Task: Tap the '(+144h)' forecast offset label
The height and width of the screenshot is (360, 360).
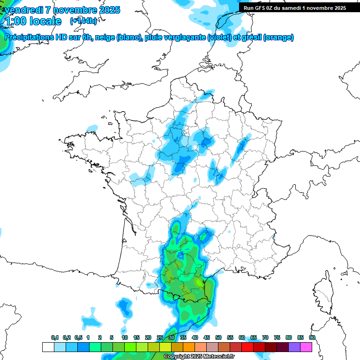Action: [83, 21]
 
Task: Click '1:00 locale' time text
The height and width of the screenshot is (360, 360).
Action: [33, 21]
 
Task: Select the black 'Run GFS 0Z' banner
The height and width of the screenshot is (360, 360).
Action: [293, 8]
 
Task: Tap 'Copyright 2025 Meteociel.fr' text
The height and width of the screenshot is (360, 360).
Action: [199, 357]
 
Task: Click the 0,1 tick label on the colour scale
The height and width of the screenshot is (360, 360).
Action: [55, 337]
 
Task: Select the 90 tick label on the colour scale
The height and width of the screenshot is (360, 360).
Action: [312, 337]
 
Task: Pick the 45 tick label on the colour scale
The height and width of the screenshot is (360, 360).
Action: [207, 337]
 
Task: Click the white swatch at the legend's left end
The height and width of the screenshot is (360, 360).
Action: [48, 347]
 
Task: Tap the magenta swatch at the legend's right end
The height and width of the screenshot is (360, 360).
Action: [306, 347]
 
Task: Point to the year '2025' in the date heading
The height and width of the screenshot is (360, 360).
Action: [105, 10]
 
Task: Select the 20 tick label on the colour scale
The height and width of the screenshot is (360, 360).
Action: [148, 337]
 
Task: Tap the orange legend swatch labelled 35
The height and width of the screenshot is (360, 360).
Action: [189, 347]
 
